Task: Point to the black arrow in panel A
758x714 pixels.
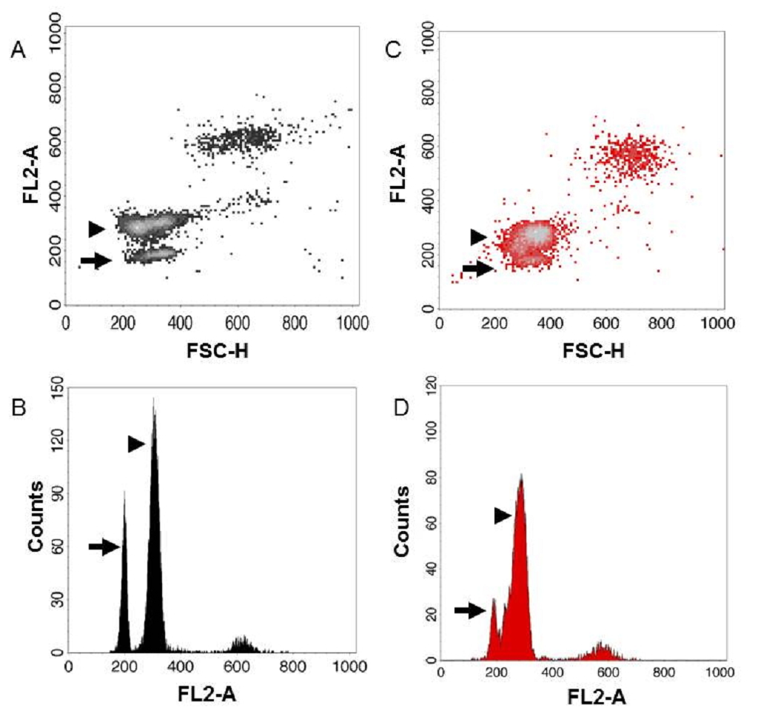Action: (95, 261)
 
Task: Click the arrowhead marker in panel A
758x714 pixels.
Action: (96, 229)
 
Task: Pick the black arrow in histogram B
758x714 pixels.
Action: (104, 547)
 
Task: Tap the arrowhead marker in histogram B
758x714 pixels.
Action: (136, 444)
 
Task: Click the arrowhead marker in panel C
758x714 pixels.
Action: (479, 237)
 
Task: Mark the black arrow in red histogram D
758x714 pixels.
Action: (469, 610)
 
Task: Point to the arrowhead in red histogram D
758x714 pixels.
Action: (503, 516)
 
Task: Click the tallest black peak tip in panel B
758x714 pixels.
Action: (153, 399)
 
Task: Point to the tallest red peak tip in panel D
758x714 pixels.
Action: (521, 475)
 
